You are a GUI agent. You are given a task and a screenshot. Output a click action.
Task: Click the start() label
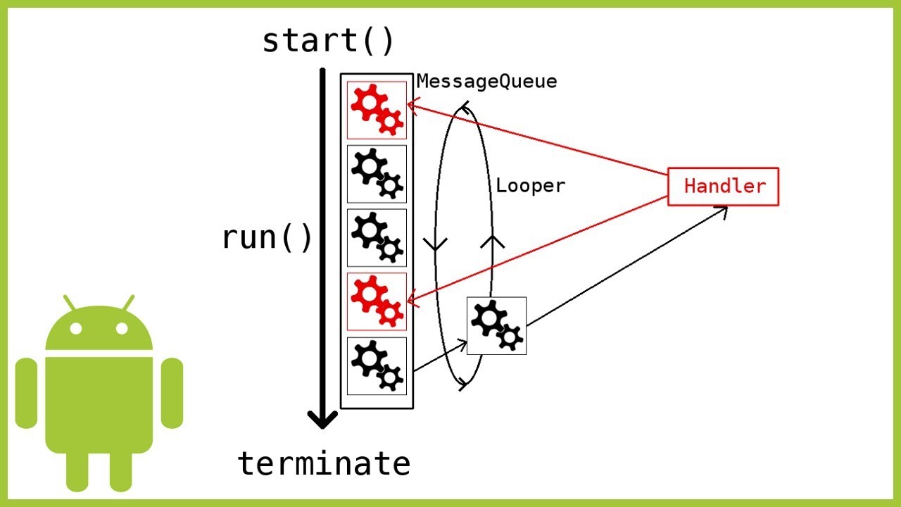(328, 42)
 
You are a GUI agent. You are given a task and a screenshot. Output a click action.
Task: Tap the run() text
(267, 238)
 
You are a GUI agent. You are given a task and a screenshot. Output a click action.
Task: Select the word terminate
(324, 464)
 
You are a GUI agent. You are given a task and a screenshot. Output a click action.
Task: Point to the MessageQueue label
(486, 82)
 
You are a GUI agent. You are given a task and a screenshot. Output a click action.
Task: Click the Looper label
(530, 187)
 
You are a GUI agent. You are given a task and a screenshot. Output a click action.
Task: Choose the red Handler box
(723, 187)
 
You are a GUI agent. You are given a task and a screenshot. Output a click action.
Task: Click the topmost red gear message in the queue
(377, 110)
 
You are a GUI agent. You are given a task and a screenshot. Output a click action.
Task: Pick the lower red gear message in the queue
(377, 301)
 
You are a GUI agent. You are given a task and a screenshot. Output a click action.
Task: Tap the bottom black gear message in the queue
(377, 365)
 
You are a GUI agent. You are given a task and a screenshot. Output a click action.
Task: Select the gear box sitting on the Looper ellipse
(496, 325)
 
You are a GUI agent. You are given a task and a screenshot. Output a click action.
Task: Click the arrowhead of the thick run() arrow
(322, 420)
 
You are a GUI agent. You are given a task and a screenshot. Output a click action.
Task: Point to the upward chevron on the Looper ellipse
(493, 241)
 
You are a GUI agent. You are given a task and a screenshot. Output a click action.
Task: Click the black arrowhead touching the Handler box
(722, 208)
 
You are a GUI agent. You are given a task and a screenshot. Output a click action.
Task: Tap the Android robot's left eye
(77, 329)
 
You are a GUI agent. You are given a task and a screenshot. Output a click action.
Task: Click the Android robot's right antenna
(127, 303)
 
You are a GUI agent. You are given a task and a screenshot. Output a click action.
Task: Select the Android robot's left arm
(26, 393)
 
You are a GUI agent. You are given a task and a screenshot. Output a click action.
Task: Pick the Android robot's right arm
(172, 393)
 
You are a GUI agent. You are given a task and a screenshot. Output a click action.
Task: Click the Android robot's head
(99, 331)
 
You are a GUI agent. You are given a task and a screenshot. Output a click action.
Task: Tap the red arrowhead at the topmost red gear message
(410, 107)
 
